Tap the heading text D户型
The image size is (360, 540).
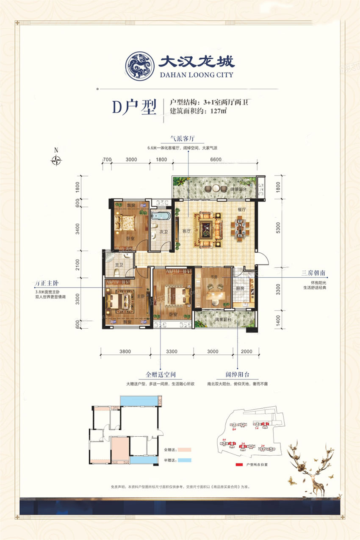[x=134, y=108]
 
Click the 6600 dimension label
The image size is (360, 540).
[x=216, y=160]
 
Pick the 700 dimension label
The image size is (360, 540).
[x=107, y=160]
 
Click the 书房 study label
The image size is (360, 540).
[x=212, y=276]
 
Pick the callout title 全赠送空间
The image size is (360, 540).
[x=161, y=375]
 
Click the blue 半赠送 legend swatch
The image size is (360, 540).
[x=182, y=460]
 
